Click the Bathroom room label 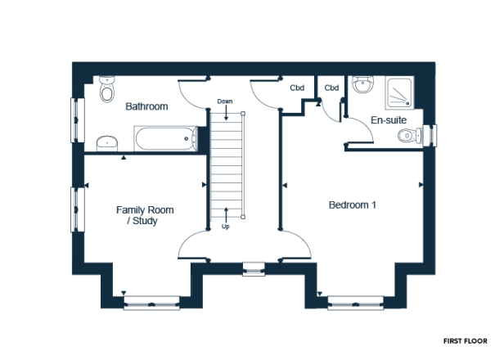coord(146,106)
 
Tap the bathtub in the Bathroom coord(166,139)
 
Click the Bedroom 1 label coord(353,205)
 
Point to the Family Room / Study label coord(144,215)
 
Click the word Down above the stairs coord(225,101)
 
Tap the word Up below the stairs coord(225,227)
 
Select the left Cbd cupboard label coord(299,88)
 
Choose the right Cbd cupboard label coord(331,88)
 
